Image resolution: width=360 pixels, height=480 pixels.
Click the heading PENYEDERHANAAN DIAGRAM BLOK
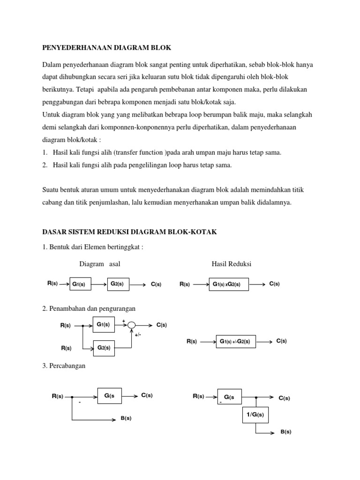point(107,48)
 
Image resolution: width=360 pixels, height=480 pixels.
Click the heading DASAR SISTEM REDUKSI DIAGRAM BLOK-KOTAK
point(129,232)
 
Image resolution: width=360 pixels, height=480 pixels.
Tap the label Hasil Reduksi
point(232,264)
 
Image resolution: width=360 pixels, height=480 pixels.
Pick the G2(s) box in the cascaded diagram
point(117,284)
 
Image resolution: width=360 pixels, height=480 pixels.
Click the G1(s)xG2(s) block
point(229,284)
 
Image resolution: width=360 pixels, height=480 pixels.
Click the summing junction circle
point(132,325)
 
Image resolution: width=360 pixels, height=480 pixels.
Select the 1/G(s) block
point(255,415)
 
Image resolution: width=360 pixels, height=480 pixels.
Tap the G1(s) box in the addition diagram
point(103,324)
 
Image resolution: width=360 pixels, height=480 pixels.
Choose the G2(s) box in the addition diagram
point(103,347)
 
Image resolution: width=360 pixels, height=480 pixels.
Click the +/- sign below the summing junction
point(138,335)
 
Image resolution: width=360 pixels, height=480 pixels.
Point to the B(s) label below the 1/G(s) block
point(286,432)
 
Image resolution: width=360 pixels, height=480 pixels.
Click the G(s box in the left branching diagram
point(109,396)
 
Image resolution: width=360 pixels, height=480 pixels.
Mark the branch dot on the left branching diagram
point(71,396)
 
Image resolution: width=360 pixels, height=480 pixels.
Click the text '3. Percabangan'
point(64,366)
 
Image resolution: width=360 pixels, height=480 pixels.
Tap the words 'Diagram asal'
point(100,264)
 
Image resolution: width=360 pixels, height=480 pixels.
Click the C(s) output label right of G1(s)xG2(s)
point(275,284)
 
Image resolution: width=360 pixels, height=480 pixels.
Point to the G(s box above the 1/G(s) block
point(229,397)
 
